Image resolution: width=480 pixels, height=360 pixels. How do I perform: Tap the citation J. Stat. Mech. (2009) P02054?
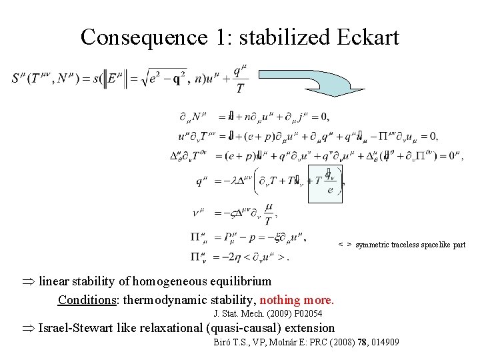[x=267, y=313]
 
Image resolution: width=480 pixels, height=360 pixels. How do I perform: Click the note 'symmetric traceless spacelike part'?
[x=411, y=245]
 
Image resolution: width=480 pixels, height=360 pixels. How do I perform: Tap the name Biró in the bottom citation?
[x=222, y=342]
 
